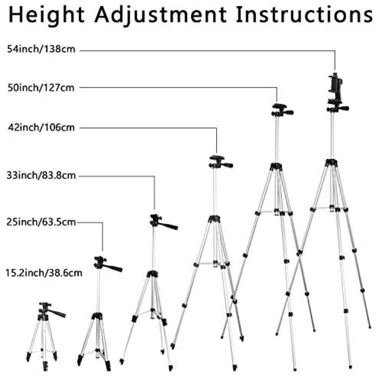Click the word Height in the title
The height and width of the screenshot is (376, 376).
[47, 15]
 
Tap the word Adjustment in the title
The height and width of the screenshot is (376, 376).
[160, 15]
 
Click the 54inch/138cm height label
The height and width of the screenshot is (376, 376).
[41, 49]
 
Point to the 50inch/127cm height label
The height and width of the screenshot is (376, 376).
[41, 88]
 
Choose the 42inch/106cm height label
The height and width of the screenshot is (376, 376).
[41, 127]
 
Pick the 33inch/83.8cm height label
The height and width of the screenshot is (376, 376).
[41, 175]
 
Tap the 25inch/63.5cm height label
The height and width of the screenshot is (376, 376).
[41, 222]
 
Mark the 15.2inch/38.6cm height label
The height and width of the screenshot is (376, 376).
[44, 273]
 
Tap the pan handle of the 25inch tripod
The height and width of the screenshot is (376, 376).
[113, 268]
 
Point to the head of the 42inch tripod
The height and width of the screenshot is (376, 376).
[220, 162]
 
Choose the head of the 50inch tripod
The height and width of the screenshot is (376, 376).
[281, 110]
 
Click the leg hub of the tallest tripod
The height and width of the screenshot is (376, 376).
[331, 163]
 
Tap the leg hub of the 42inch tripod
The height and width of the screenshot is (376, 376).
[215, 219]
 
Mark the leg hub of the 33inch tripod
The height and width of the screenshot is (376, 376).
[152, 274]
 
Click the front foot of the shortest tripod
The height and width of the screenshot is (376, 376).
[45, 366]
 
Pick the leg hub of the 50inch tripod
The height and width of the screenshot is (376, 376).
[276, 166]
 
